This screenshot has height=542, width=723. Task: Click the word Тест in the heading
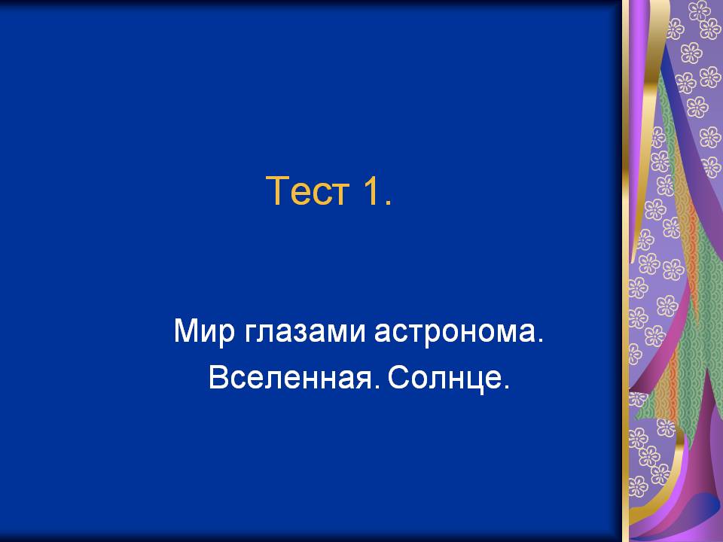click(x=307, y=190)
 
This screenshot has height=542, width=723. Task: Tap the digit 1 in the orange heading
click(x=371, y=190)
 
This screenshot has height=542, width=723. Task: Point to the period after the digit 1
click(x=389, y=202)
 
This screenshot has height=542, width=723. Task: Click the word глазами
click(x=305, y=331)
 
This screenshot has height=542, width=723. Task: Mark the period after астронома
click(x=541, y=340)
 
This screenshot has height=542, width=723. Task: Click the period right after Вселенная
click(x=377, y=387)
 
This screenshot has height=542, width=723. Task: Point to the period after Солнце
click(x=506, y=387)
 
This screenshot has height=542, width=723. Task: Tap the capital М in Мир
click(x=186, y=330)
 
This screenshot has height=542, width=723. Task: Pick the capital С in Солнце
click(x=398, y=377)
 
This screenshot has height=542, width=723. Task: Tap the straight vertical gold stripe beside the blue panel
click(x=626, y=271)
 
